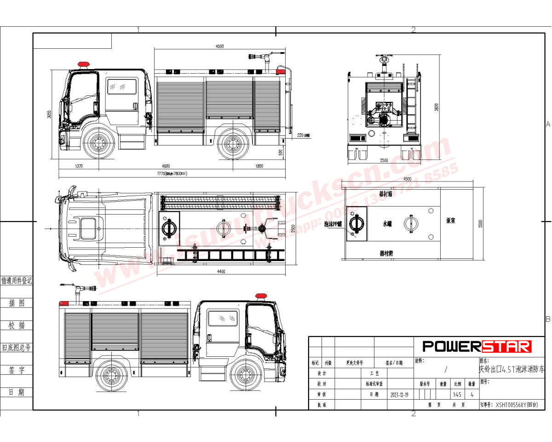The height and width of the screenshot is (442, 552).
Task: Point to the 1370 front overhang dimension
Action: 78,166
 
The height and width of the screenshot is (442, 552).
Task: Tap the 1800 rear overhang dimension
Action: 259,166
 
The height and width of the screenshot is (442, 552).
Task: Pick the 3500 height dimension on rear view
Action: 437,107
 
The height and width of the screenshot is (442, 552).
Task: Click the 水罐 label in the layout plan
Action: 387,223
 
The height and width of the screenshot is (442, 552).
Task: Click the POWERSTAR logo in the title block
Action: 477,346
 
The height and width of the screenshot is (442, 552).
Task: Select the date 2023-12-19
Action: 400,395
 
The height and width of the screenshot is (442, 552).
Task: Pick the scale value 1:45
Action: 457,395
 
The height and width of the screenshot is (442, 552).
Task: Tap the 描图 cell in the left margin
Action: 17,303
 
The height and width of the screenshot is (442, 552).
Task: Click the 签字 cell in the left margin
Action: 17,370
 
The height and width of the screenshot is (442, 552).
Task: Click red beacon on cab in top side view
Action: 83,64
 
